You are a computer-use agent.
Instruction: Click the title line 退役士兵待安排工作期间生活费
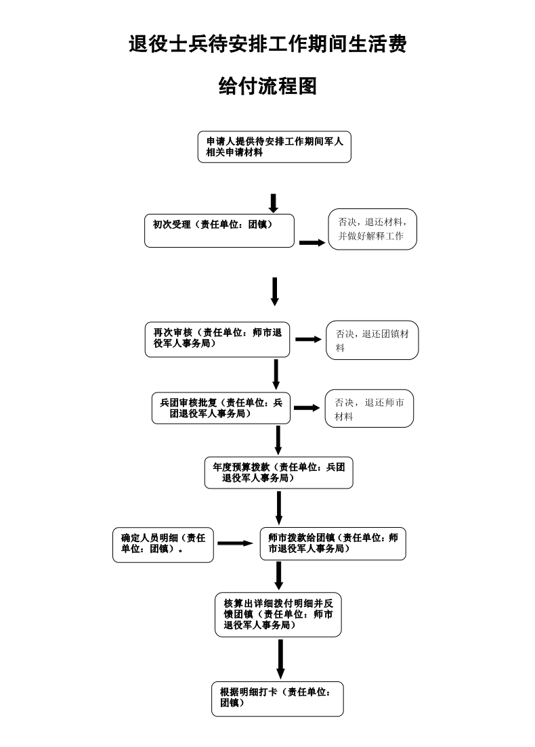(267, 45)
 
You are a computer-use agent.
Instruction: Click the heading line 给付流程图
(267, 86)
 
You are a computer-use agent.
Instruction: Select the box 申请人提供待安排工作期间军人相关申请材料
(274, 147)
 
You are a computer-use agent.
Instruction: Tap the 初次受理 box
(219, 231)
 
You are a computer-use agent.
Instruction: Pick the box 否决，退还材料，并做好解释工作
(372, 229)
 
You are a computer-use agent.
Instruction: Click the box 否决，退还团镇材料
(372, 340)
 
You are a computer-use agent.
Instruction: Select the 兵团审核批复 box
(221, 408)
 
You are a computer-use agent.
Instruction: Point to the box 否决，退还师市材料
(369, 409)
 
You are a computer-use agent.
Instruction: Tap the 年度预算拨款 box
(278, 473)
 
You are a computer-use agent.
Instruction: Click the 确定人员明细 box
(163, 544)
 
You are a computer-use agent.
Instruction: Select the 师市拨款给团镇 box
(333, 544)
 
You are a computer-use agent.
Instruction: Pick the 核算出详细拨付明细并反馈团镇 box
(278, 614)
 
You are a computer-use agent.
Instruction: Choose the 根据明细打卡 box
(277, 698)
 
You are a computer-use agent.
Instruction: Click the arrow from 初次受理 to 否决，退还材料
(312, 242)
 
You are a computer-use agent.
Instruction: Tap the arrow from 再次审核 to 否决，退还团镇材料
(308, 339)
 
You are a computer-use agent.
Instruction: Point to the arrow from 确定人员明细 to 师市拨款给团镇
(235, 543)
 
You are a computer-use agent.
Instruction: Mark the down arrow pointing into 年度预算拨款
(278, 440)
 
